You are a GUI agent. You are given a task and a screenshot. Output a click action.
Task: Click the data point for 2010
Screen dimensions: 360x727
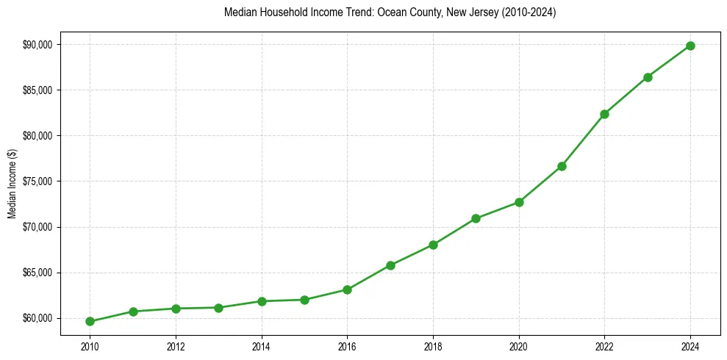click(90, 321)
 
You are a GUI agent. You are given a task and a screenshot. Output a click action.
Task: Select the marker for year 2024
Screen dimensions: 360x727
click(690, 46)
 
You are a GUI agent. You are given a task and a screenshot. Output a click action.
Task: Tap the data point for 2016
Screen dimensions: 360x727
click(347, 289)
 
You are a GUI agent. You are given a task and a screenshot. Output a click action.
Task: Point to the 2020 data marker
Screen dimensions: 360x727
click(519, 202)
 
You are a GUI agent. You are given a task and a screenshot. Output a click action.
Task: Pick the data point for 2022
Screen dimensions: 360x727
click(604, 114)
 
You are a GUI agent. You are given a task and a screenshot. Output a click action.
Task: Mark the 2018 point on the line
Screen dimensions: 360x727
click(433, 245)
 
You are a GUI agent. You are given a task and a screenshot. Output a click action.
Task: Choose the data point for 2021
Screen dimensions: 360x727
click(562, 166)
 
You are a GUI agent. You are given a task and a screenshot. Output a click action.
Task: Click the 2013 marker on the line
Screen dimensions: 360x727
click(218, 308)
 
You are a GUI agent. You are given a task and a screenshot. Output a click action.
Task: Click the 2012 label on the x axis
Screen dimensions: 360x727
click(176, 345)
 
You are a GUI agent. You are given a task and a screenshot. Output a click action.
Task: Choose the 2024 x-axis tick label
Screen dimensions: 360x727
click(690, 345)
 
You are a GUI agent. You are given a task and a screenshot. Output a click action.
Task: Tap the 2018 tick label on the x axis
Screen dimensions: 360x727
click(433, 345)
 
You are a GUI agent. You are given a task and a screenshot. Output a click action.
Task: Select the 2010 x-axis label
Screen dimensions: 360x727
click(90, 345)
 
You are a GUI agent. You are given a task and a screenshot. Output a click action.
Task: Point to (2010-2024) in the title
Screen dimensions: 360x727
click(529, 13)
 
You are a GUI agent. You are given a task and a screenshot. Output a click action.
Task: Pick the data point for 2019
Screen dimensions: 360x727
click(476, 218)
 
